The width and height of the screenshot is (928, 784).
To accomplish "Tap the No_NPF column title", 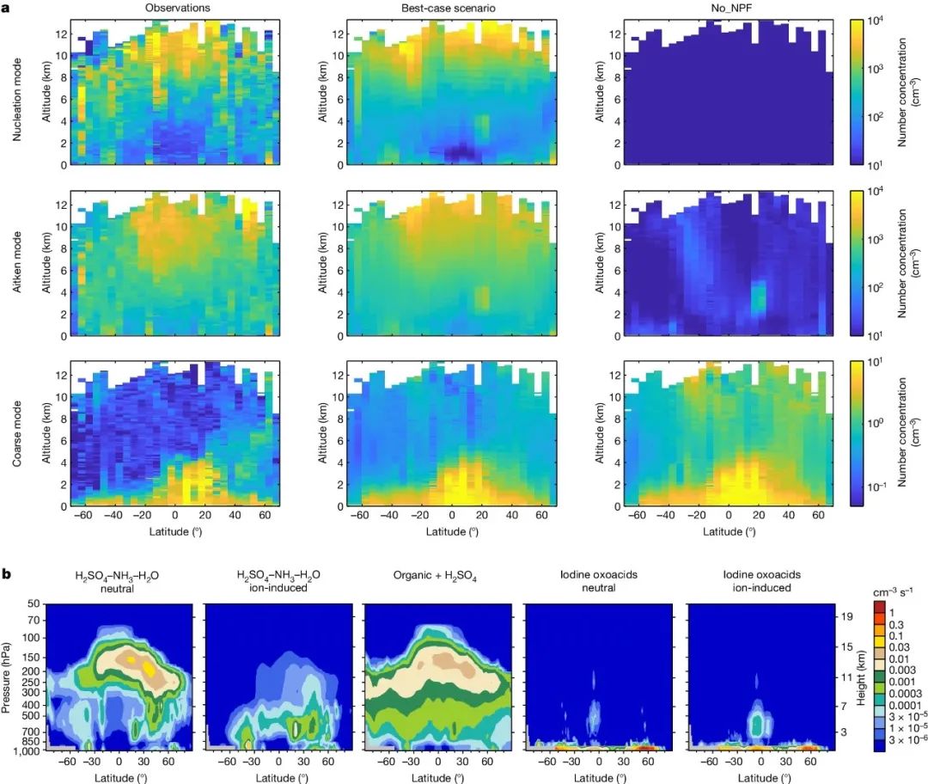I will (724, 8).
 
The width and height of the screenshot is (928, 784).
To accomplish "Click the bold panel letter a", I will (7, 7).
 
